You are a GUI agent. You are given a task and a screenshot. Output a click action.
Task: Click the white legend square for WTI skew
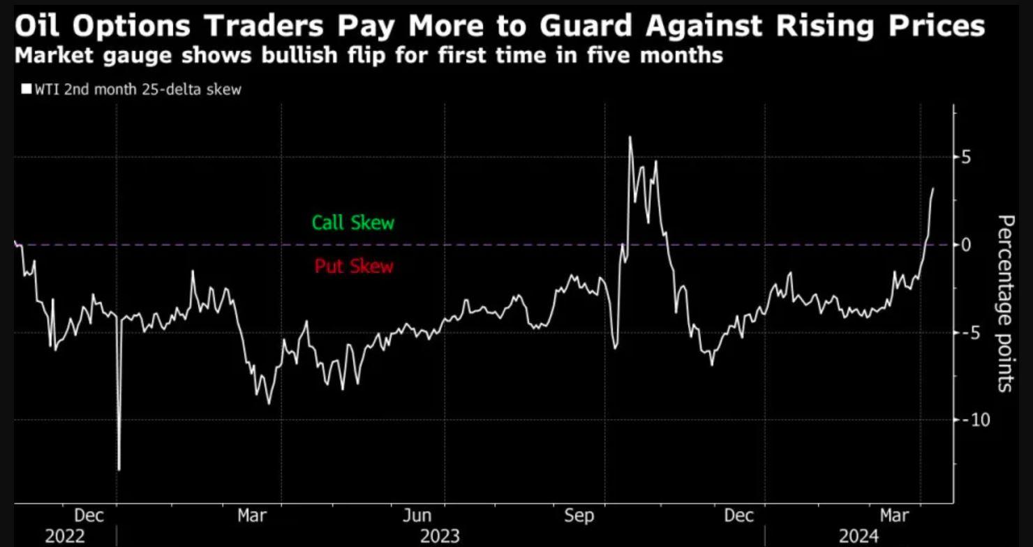coord(27,89)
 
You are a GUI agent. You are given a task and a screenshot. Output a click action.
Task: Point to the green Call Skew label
coord(353,223)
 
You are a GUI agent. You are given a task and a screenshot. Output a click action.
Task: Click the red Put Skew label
coord(354,267)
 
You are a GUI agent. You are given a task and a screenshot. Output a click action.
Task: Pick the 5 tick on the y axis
coord(965,158)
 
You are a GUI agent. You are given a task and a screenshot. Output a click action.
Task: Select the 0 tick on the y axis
coord(965,245)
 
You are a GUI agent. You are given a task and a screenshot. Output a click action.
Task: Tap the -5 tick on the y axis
coord(969,332)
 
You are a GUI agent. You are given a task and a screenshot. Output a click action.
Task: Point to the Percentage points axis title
coord(1004,304)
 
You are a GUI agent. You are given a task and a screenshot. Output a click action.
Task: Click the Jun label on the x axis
coord(417,516)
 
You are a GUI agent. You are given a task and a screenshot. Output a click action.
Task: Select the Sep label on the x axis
coord(579,516)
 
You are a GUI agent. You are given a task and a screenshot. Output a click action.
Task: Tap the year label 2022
coord(65,536)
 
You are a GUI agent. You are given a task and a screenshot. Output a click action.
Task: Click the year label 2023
coord(440,536)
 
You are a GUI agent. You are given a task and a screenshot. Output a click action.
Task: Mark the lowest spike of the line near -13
coord(119,470)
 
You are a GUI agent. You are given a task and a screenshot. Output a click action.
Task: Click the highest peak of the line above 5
coord(630,137)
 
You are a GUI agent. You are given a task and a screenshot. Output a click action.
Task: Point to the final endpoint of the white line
coord(933,188)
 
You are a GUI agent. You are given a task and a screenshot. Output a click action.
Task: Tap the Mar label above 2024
coord(895,516)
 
